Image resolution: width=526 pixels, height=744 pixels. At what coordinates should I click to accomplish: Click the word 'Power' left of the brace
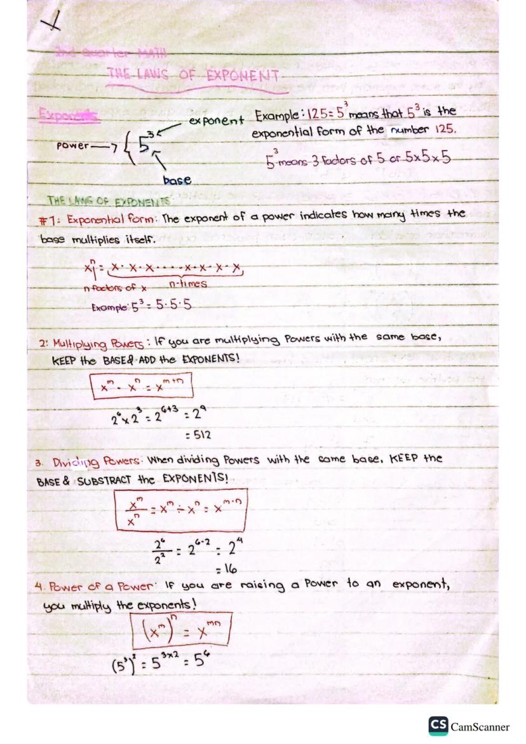(x=73, y=144)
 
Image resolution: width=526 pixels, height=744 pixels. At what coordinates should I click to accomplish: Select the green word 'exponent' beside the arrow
(x=217, y=119)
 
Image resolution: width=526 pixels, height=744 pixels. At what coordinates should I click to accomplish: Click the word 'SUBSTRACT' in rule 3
(x=109, y=478)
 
